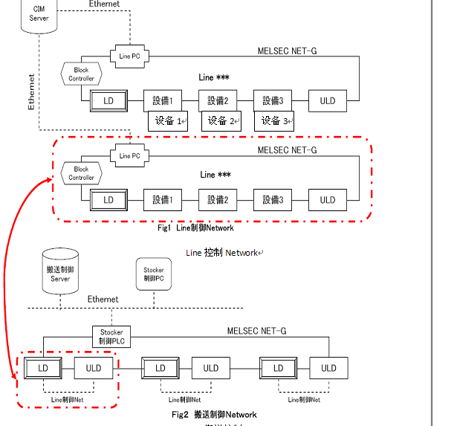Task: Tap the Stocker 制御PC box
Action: (x=153, y=274)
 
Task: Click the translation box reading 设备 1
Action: (x=169, y=120)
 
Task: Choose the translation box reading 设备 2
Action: (x=221, y=120)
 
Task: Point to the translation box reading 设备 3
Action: (x=274, y=120)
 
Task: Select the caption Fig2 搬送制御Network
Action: (x=214, y=414)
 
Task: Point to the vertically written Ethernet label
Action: (x=31, y=91)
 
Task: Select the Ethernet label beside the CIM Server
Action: (x=103, y=4)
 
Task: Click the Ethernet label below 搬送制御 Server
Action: (x=103, y=299)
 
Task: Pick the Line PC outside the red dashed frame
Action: (x=130, y=55)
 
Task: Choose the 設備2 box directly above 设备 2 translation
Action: (x=217, y=100)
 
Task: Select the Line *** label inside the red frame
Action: (x=215, y=175)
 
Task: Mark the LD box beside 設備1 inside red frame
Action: (x=108, y=200)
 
